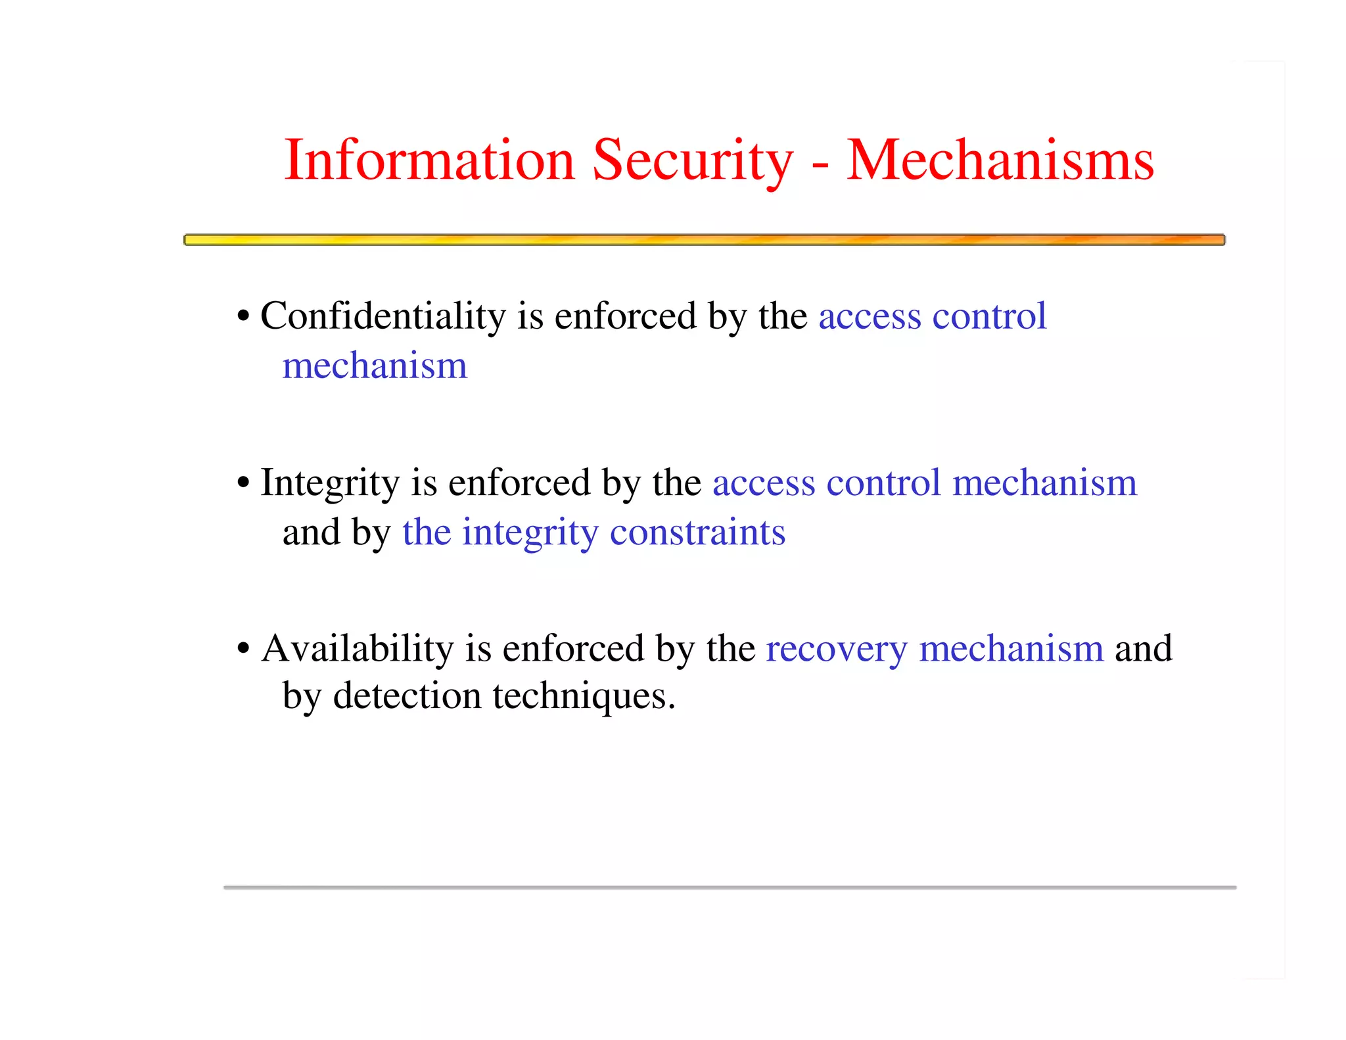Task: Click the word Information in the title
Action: (x=429, y=160)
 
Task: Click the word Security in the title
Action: (x=693, y=160)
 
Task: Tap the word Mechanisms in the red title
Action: (x=1000, y=160)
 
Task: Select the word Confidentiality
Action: (x=383, y=316)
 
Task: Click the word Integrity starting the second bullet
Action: (x=330, y=483)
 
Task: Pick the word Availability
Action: (x=358, y=649)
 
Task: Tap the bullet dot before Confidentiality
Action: (x=244, y=316)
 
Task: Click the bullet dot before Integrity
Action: (x=244, y=483)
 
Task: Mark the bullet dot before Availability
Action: (x=244, y=649)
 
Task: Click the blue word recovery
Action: (x=836, y=650)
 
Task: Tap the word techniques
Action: (x=584, y=697)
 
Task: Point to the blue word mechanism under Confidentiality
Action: (x=375, y=366)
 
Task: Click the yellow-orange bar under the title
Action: (x=704, y=240)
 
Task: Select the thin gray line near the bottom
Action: (x=730, y=887)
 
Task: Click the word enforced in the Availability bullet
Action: (x=573, y=649)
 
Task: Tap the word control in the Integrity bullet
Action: (x=883, y=483)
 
